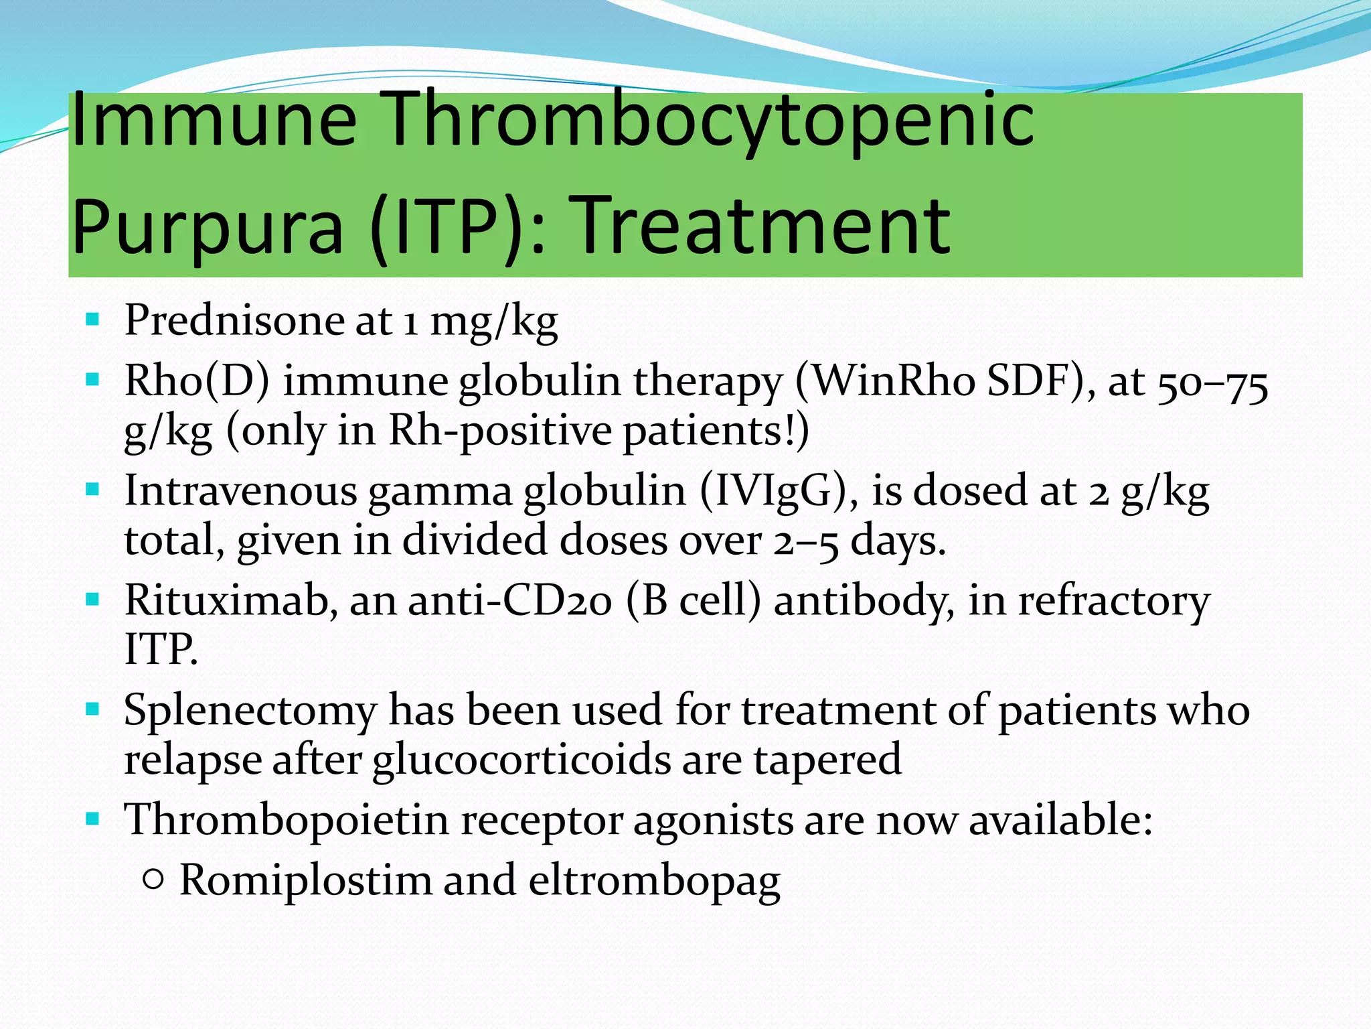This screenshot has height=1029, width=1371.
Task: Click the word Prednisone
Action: [234, 320]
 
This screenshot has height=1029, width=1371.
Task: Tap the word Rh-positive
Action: [499, 431]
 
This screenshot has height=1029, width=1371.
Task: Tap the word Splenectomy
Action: [250, 710]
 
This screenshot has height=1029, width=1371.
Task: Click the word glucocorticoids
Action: [521, 760]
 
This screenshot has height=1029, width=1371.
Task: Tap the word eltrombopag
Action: [654, 882]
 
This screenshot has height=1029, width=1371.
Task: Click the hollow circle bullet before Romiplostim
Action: [153, 879]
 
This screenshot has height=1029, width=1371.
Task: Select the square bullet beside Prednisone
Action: [93, 318]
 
